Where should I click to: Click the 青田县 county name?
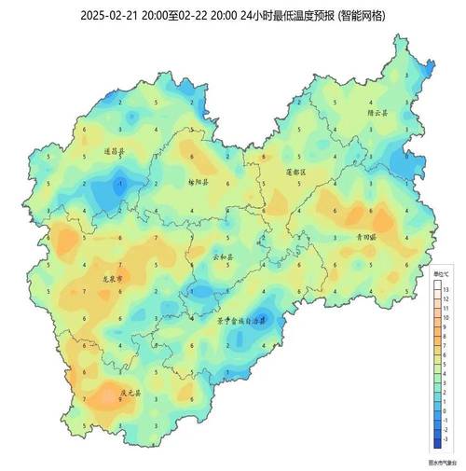click(x=364, y=238)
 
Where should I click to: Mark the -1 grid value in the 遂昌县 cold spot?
click(x=119, y=185)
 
